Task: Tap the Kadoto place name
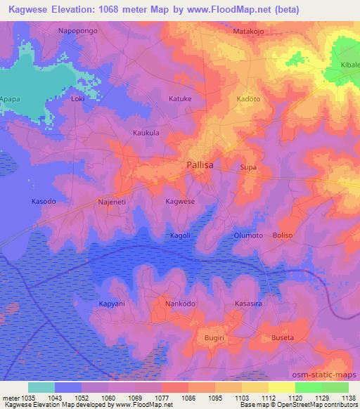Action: (248, 99)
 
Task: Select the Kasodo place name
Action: (44, 202)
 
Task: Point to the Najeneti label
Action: (112, 202)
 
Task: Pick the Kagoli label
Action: (180, 235)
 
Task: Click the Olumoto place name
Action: (248, 235)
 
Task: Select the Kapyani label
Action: (112, 304)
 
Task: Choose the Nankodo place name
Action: (180, 304)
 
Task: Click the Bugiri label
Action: (214, 338)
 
